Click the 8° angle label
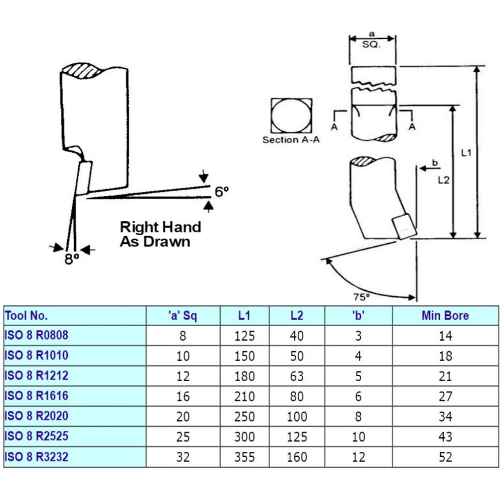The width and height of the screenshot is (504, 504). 71,259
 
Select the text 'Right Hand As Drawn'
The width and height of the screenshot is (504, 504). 160,234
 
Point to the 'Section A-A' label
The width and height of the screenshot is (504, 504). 291,140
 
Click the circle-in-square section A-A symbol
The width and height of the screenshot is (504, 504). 291,115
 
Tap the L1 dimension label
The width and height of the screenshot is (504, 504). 466,153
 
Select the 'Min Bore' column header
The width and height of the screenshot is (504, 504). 445,315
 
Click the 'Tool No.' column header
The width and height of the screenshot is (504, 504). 27,315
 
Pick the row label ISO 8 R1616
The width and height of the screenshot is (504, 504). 36,396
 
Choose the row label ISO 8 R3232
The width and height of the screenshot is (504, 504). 36,456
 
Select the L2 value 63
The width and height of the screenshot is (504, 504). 296,376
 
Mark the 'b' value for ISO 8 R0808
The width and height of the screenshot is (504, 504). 358,336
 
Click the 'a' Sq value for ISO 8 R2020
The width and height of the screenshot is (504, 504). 183,416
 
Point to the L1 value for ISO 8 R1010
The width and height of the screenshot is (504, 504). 245,356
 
